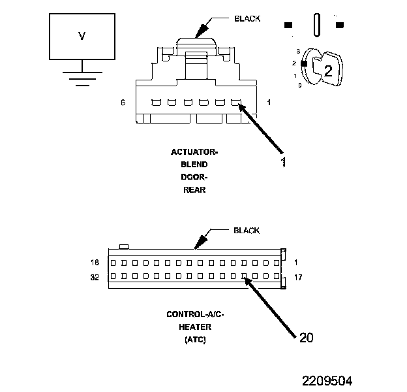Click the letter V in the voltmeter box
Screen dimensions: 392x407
click(82, 37)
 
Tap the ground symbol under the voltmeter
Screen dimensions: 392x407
click(82, 78)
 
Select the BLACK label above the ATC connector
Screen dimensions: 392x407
click(247, 231)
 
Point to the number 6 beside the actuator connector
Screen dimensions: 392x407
click(123, 103)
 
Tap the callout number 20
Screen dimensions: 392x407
click(307, 337)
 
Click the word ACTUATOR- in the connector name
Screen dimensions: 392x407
click(194, 152)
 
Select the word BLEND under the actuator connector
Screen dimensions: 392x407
click(194, 165)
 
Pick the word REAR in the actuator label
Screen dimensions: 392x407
click(194, 190)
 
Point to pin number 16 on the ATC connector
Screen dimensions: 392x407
click(95, 263)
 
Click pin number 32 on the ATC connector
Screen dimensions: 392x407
click(95, 276)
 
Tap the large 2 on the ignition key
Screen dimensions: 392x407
click(328, 72)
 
